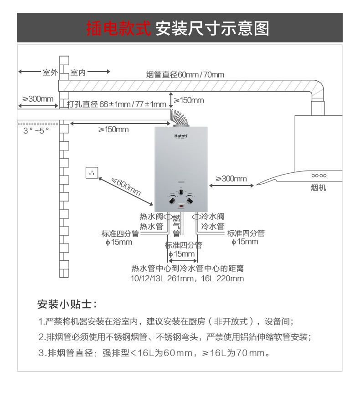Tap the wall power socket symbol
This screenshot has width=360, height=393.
click(92, 173)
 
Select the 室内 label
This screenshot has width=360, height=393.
click(78, 72)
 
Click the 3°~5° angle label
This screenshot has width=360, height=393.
click(36, 130)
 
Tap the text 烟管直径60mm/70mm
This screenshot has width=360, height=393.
click(185, 75)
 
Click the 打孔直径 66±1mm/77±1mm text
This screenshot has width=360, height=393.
click(116, 104)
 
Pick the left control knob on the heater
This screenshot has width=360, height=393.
click(172, 200)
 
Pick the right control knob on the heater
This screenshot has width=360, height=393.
click(190, 200)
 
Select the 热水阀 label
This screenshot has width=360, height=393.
click(151, 217)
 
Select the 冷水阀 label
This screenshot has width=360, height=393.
click(213, 217)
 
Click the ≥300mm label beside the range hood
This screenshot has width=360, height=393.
click(231, 178)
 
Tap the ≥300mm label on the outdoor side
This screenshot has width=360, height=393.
click(38, 99)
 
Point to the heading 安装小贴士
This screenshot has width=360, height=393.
click(67, 304)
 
